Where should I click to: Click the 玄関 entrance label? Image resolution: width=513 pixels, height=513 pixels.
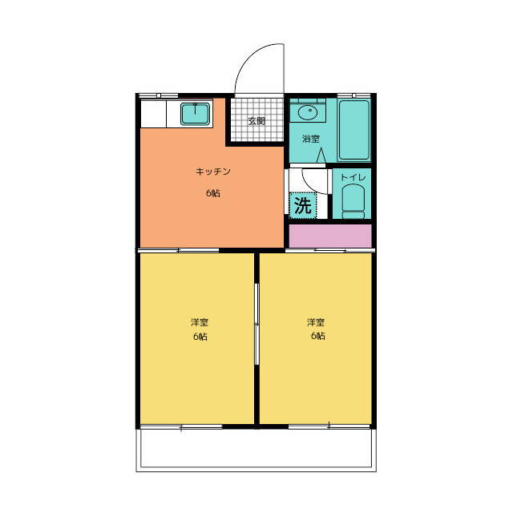(256, 121)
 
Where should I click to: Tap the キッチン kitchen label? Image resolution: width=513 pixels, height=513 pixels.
(213, 172)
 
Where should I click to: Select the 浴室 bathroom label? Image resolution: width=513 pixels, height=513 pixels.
(310, 139)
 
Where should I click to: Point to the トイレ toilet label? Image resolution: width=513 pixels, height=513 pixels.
(353, 177)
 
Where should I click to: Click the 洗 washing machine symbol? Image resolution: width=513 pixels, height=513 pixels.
(303, 205)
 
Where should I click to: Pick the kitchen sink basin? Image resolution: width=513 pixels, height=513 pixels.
(195, 114)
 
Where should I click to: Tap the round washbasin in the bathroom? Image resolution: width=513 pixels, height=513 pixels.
(308, 113)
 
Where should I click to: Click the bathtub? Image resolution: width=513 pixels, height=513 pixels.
(354, 130)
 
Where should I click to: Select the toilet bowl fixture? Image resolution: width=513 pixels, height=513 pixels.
(353, 201)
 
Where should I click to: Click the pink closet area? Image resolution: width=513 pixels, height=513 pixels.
(330, 236)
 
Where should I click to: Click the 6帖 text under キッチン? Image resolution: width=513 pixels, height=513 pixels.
(213, 193)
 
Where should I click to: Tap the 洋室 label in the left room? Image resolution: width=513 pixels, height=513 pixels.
(200, 322)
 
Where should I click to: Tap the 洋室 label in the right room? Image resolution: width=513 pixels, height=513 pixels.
(316, 322)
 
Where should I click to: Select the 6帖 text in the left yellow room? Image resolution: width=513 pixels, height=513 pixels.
(200, 337)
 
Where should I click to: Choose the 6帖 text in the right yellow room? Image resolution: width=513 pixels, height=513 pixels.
(317, 336)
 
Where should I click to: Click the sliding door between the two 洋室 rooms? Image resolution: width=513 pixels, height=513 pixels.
(256, 324)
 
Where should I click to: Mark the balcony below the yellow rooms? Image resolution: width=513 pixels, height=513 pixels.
(256, 448)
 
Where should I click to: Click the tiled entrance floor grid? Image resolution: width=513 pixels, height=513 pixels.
(257, 119)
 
